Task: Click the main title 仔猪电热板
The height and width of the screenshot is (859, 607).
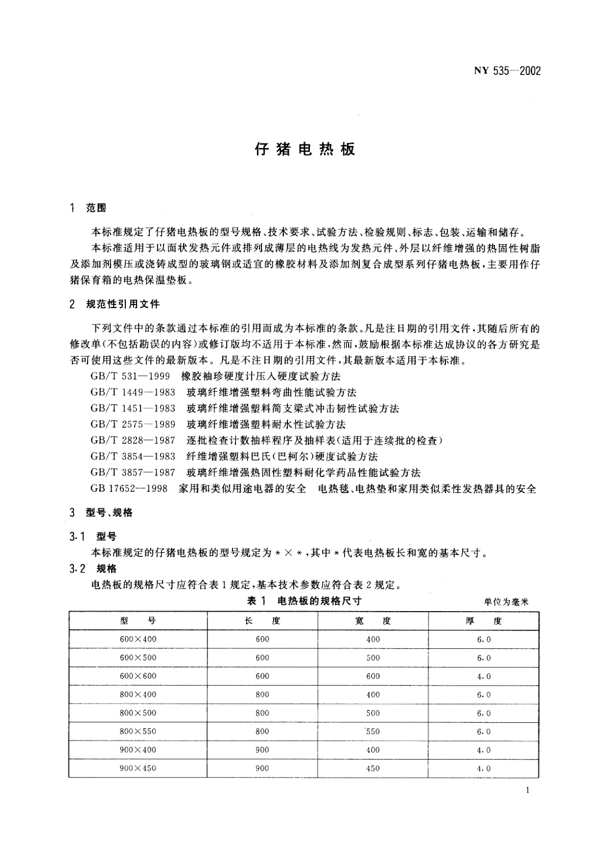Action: coord(304,149)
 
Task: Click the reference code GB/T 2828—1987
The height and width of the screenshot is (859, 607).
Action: coord(133,440)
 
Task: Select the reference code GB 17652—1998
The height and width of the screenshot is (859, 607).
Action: coord(129,488)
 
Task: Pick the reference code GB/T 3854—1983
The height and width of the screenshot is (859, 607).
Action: coord(133,456)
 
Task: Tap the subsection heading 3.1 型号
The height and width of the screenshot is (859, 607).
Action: coord(93,536)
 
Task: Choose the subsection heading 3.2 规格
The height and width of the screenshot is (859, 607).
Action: coord(93,568)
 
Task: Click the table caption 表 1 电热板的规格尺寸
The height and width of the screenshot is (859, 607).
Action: coord(304,601)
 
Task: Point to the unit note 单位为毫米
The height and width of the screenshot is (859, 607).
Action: coord(506,602)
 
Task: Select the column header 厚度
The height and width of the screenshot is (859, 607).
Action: coord(484,621)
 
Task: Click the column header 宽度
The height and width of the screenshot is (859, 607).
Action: coord(373,621)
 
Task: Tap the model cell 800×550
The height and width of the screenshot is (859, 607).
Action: coord(138,731)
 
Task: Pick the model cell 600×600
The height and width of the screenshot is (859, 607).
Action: coord(138,676)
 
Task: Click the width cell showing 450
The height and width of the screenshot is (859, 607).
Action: coord(373,768)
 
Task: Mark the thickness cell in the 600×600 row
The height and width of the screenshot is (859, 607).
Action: coord(484,676)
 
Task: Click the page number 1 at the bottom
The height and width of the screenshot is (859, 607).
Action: coord(527,791)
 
